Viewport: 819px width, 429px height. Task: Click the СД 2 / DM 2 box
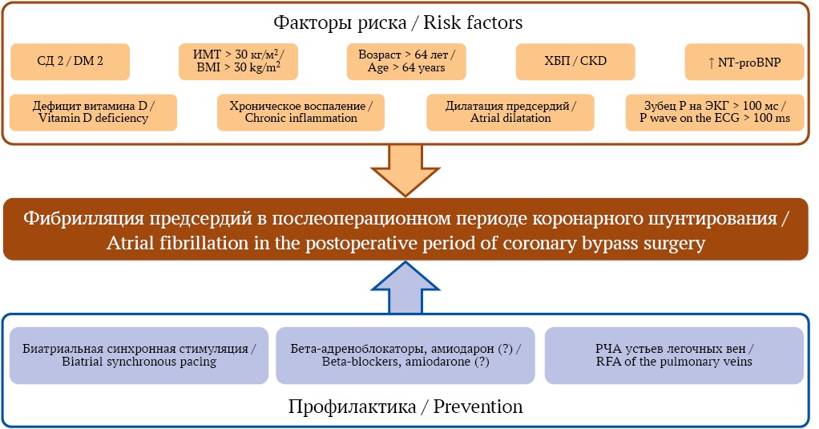tap(70, 62)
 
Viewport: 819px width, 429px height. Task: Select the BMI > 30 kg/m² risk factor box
tap(238, 62)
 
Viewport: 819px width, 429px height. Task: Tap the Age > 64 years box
tap(406, 62)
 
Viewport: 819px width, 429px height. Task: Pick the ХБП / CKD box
tap(575, 62)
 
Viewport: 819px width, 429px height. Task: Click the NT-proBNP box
tap(744, 62)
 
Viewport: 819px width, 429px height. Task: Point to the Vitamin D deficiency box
tap(94, 112)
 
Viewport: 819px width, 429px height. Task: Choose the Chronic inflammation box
tap(301, 112)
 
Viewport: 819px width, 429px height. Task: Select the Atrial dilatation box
tap(510, 112)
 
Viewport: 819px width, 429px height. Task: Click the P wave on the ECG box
tap(715, 112)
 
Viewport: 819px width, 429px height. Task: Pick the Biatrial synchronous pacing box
tap(139, 356)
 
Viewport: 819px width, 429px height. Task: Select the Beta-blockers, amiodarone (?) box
tap(405, 356)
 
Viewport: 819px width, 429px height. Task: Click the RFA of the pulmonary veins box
tap(674, 356)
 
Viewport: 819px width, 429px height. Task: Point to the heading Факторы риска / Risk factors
tap(398, 22)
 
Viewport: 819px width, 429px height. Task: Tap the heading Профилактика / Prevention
tap(405, 407)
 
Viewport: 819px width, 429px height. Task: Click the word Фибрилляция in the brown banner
tap(83, 218)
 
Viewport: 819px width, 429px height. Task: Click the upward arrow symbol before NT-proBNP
tap(711, 63)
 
